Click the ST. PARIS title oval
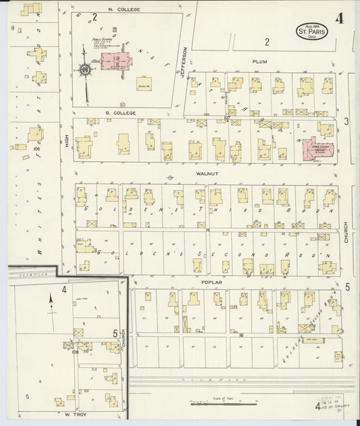311,31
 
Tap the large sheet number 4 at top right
339,18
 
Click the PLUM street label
260,61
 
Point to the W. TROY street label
72,413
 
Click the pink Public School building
115,61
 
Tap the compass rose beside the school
85,69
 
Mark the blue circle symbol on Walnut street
170,178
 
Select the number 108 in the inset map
76,351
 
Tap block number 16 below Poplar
240,334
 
